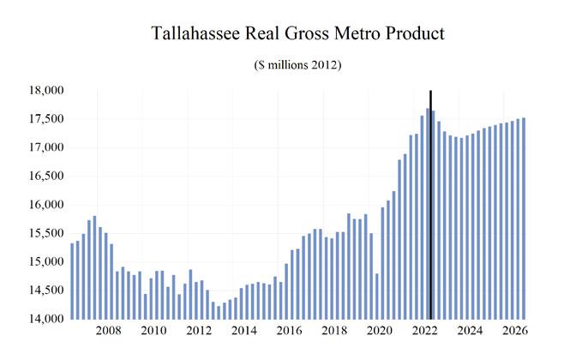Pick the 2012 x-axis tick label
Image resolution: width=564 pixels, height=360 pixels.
pyautogui.click(x=199, y=331)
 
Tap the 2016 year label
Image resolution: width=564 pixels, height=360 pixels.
pyautogui.click(x=289, y=331)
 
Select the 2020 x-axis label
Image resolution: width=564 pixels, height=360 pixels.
pyautogui.click(x=379, y=331)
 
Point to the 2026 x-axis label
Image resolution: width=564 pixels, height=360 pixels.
pyautogui.click(x=514, y=331)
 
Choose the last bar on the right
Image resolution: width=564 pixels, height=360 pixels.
pyautogui.click(x=524, y=218)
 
